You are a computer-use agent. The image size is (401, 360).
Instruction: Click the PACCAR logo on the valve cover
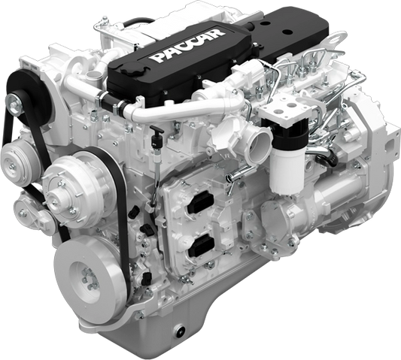point(187,46)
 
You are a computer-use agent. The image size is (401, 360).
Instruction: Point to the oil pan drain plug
point(179,331)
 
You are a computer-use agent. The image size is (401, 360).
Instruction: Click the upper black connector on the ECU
point(201,204)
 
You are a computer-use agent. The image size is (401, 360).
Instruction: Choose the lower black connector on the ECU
point(202,246)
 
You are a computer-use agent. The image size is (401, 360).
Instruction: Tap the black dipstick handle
point(156,129)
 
